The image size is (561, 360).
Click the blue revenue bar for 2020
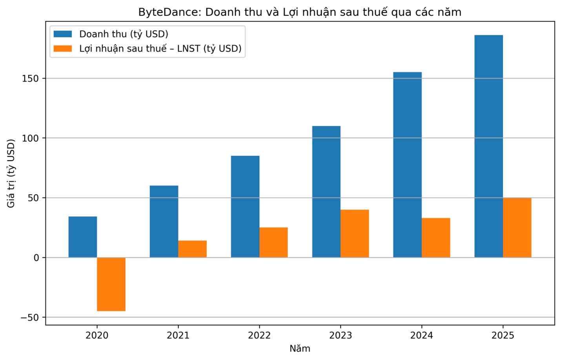point(83,237)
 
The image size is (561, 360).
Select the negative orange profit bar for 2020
point(111,284)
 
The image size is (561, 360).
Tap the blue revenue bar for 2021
point(164,221)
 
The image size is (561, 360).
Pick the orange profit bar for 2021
point(192,249)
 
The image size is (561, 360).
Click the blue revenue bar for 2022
point(245,206)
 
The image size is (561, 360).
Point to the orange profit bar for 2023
point(355,234)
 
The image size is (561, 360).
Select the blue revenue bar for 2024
point(407,165)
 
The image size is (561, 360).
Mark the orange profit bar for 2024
point(436,238)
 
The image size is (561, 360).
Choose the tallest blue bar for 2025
point(488,146)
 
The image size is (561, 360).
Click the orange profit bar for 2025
point(517,228)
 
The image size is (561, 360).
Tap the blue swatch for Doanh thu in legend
point(63,34)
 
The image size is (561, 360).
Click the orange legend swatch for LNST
point(63,49)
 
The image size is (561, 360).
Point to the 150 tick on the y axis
point(31,79)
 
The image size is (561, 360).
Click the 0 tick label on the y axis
point(36,258)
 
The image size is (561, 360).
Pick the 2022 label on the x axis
point(259,335)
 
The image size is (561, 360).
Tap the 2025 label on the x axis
point(503,335)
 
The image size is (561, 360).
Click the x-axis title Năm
point(300,349)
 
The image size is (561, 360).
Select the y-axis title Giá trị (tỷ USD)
point(11,173)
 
